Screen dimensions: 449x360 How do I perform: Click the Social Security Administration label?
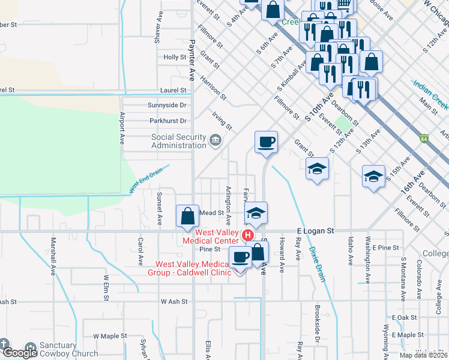pos(178,141)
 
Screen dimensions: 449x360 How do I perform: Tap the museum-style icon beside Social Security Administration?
pos(215,141)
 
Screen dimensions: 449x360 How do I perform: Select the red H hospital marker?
pos(246,234)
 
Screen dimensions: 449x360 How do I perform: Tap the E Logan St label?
pos(315,230)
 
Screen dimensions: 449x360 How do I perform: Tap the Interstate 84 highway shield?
pos(424,138)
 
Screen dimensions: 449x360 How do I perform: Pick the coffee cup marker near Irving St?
pos(266,142)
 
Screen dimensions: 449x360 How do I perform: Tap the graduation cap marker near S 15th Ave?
pos(373,176)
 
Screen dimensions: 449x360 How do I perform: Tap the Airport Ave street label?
pos(122,128)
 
